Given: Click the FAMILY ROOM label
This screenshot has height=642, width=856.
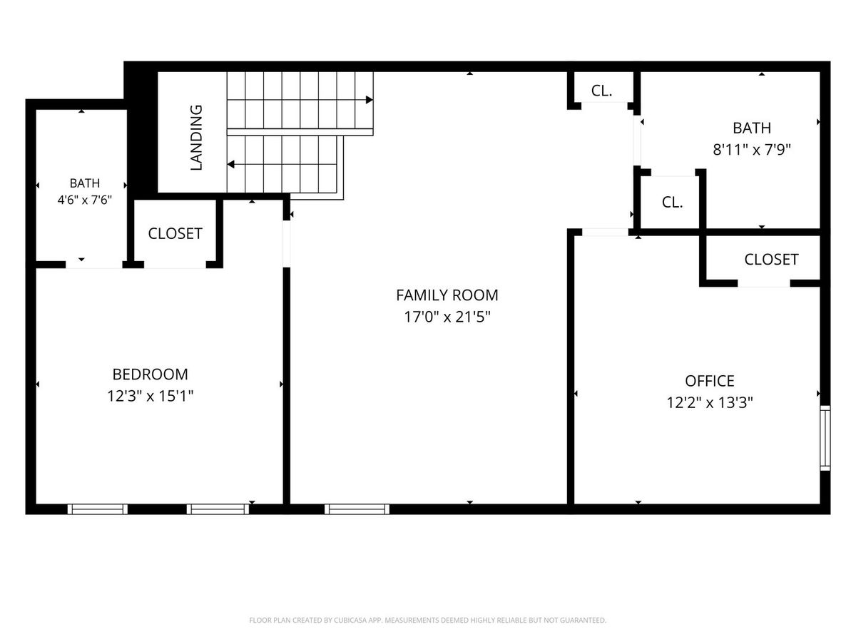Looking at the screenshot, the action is [447, 295].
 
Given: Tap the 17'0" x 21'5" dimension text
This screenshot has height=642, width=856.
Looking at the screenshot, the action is [447, 317].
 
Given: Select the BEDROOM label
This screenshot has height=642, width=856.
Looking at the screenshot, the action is [150, 374].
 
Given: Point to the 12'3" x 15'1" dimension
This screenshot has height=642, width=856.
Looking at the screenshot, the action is [150, 396].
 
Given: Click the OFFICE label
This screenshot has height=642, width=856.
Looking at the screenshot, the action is [709, 381].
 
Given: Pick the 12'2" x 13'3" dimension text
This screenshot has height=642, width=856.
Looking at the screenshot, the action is [709, 402].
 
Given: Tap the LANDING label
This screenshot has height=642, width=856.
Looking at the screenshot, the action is [196, 137].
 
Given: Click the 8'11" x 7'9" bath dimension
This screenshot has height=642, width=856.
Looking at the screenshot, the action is [751, 149].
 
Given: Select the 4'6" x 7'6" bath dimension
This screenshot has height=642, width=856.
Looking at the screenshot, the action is [85, 200].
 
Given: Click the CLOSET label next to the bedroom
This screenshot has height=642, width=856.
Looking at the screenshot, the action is [175, 233].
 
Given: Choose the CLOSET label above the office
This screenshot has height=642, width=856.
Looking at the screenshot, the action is [771, 259].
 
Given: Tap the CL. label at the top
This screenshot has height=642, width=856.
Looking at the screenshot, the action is [601, 91].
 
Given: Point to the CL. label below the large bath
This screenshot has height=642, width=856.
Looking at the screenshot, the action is [672, 203].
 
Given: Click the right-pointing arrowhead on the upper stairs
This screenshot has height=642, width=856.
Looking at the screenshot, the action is [369, 100].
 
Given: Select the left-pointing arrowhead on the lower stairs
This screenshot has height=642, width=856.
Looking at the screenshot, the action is [231, 165].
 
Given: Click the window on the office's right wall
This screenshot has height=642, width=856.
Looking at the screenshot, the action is [825, 438].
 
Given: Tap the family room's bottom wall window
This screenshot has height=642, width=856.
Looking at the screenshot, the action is [357, 509].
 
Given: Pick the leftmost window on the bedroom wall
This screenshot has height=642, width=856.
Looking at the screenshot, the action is [98, 509].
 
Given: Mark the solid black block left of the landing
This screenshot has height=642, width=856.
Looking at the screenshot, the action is [141, 133].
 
